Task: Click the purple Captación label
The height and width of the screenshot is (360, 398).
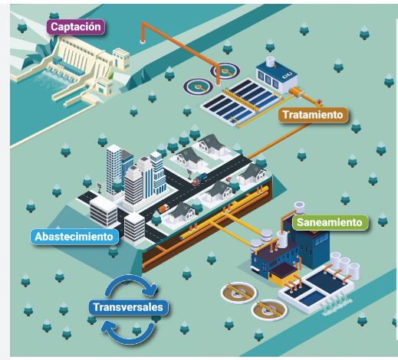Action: click(x=75, y=27)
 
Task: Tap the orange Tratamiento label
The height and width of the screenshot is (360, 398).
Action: click(x=313, y=115)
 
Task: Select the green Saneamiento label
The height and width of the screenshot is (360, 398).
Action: click(x=330, y=222)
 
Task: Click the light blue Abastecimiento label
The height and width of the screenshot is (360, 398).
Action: click(x=74, y=237)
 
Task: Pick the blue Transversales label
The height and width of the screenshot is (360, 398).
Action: click(x=128, y=307)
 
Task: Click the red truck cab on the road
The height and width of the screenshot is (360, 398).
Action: click(x=196, y=182)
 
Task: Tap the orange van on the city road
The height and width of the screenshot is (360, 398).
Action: click(x=163, y=208)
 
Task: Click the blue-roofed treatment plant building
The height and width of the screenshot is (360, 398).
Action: click(x=277, y=76)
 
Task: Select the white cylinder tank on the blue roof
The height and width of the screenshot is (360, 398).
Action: click(x=270, y=61)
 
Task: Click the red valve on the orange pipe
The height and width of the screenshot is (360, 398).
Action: click(x=319, y=102)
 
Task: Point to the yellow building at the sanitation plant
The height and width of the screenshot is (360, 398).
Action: click(x=283, y=274)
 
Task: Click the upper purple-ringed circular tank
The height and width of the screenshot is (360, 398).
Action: click(x=225, y=70)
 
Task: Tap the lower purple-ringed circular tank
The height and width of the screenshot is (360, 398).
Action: click(x=198, y=87)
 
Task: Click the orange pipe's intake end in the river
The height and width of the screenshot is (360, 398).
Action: click(x=143, y=41)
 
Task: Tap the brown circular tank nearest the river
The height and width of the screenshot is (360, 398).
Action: click(x=269, y=309)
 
